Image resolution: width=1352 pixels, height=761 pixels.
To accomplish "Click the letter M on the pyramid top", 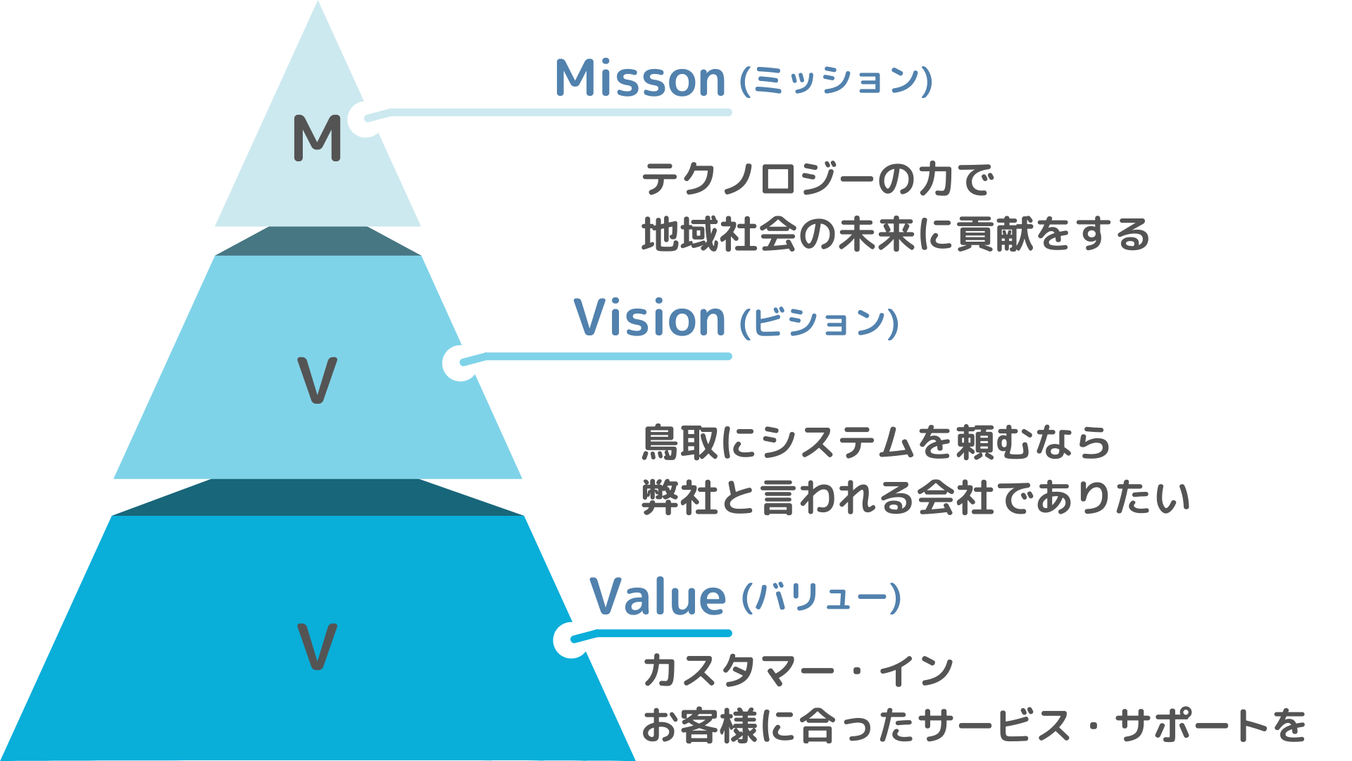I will click(317, 138).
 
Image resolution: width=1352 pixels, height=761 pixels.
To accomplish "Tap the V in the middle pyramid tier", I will click(317, 380).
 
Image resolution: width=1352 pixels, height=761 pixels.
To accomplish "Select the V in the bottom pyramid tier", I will click(317, 646).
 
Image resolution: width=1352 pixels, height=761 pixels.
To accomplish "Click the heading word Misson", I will click(639, 78).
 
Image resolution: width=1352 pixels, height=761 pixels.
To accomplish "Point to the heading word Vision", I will click(649, 318).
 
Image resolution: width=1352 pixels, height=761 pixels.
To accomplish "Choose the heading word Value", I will click(658, 597).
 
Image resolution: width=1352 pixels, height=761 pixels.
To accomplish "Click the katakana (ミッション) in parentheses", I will click(836, 81).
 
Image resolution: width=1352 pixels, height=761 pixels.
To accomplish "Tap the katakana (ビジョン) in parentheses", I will click(819, 323).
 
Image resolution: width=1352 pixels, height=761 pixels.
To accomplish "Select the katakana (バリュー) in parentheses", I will click(821, 598).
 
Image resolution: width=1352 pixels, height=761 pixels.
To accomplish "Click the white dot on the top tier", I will click(365, 119).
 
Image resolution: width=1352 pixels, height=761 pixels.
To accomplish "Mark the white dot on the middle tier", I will click(461, 363).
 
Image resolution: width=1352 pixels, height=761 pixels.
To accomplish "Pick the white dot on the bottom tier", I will click(571, 640).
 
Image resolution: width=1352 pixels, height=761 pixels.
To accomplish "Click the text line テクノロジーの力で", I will click(817, 180).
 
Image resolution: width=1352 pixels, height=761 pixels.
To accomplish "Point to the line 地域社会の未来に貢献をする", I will click(895, 235).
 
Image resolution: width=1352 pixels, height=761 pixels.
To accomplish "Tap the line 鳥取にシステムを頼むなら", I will click(876, 443).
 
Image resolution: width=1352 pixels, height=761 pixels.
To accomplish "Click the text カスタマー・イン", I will click(798, 670).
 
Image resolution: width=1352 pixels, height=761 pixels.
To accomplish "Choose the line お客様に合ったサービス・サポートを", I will click(974, 725).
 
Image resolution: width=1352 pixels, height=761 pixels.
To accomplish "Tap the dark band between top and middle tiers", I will click(318, 241).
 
